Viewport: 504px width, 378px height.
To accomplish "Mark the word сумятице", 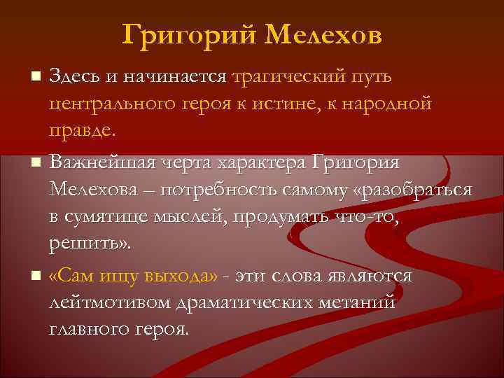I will pos(118,218).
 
